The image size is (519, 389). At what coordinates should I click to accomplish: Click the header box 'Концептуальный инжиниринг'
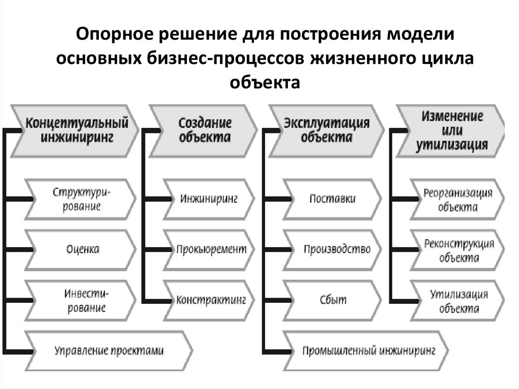tap(76, 130)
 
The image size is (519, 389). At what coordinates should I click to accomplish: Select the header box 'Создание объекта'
tap(204, 130)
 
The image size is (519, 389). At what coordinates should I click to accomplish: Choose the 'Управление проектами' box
tap(109, 350)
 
